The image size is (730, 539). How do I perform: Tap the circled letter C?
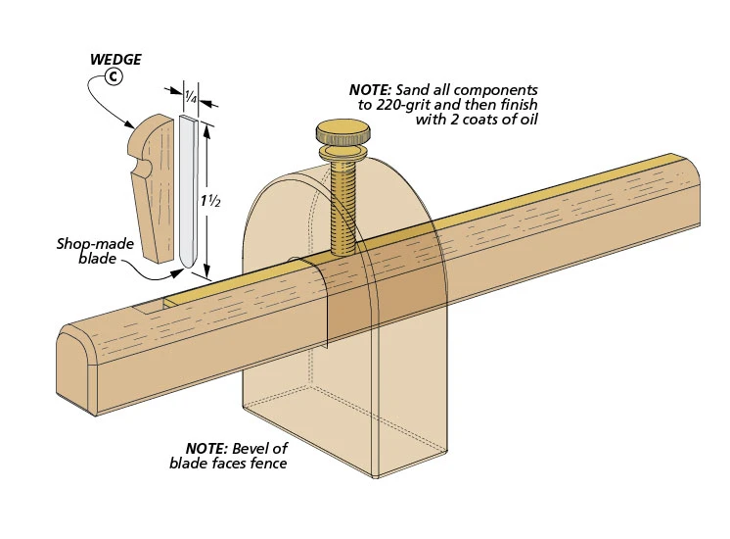(114, 77)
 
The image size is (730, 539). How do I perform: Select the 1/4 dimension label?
(191, 95)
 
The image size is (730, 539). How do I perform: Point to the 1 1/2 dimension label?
(208, 201)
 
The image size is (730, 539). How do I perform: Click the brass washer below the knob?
(341, 153)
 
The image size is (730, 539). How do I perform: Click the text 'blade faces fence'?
(229, 463)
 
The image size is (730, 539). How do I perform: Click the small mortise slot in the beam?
(147, 307)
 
